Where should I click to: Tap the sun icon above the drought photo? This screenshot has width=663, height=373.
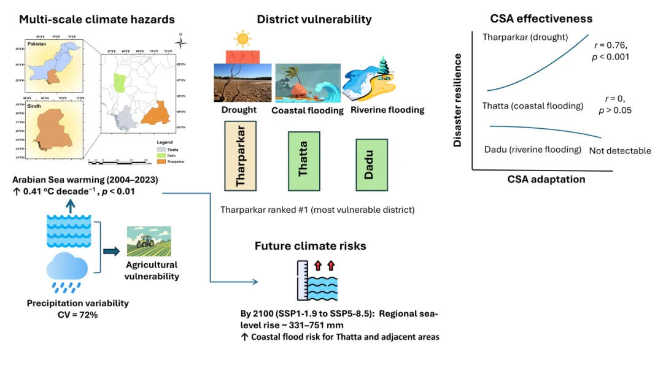(x=243, y=40)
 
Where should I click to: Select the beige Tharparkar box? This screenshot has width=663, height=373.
(x=240, y=156)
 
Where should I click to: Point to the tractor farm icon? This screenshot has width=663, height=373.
(x=149, y=241)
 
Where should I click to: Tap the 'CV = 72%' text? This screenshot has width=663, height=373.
(x=77, y=315)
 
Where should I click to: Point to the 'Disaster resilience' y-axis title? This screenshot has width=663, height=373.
(x=457, y=100)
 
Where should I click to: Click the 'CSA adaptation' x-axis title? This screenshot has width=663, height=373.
(x=546, y=179)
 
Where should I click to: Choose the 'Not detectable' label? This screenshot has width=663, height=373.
(x=620, y=151)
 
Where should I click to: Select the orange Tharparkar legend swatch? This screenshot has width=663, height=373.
(x=154, y=161)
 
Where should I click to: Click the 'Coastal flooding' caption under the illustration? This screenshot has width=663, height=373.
(x=308, y=110)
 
